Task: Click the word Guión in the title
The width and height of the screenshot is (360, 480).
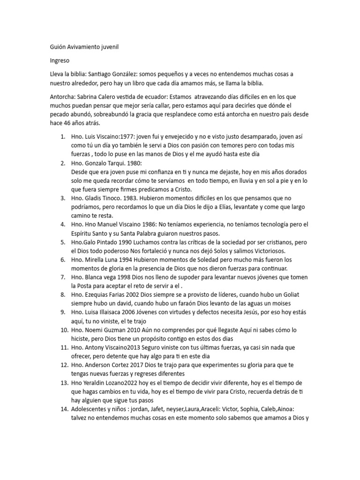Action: (x=58, y=47)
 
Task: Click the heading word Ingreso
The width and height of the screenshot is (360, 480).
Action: (x=60, y=61)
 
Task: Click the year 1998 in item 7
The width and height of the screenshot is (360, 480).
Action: (x=132, y=277)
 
